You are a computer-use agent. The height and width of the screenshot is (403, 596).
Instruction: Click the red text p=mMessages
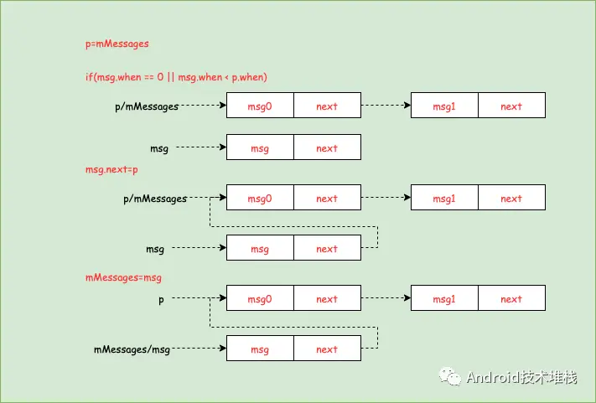117,44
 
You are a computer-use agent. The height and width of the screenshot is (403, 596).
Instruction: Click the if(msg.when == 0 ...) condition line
176,77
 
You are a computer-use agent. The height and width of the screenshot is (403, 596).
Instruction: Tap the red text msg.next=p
111,169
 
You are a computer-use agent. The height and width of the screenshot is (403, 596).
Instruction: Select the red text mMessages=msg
123,277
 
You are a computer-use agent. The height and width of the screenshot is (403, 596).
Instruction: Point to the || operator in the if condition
171,77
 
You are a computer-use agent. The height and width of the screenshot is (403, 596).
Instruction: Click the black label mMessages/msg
132,349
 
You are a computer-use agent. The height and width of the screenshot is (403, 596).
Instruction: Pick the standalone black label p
161,300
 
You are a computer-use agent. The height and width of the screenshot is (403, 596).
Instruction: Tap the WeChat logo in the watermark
450,376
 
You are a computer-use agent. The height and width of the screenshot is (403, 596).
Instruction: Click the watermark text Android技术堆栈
521,377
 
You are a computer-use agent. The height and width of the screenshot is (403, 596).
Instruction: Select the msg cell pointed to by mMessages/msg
260,349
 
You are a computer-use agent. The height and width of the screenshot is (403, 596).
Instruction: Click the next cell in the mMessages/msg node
327,349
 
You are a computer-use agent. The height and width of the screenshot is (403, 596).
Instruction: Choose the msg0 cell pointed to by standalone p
260,297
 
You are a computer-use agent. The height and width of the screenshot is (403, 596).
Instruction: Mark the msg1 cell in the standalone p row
444,297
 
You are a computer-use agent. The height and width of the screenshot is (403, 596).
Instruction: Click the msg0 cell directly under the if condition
260,106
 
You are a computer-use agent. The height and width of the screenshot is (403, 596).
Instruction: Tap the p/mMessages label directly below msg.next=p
155,199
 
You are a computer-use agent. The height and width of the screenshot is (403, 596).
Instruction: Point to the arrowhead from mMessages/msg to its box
223,348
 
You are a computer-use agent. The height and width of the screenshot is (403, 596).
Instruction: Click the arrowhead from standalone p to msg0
223,297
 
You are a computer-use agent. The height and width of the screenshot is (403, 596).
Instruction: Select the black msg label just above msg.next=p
159,148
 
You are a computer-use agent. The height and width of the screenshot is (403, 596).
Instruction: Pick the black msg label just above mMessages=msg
155,249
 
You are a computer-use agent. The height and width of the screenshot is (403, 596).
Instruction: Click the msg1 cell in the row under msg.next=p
444,198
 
